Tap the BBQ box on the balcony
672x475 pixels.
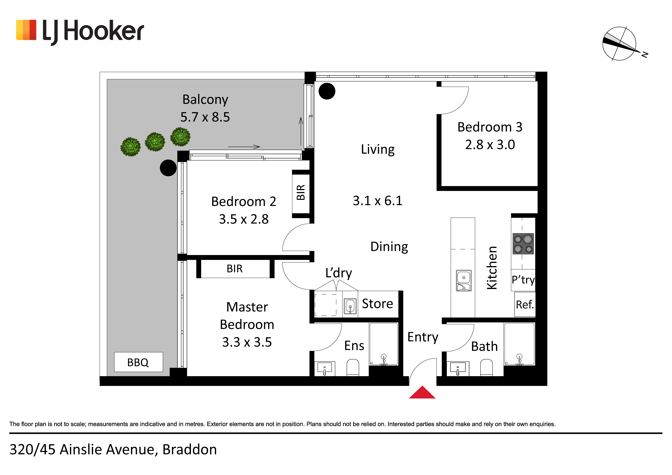pos(138,362)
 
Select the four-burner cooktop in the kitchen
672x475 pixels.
pos(523,244)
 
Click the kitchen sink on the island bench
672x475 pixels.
pos(464,281)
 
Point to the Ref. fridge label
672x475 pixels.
pos(525,305)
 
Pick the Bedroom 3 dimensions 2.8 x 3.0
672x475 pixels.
pos(490,144)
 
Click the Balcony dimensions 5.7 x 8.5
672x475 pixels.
pos(205,117)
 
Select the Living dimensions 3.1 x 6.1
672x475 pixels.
pos(378,201)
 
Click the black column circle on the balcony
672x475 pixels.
pos(168,168)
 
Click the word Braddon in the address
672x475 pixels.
pos(190,449)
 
